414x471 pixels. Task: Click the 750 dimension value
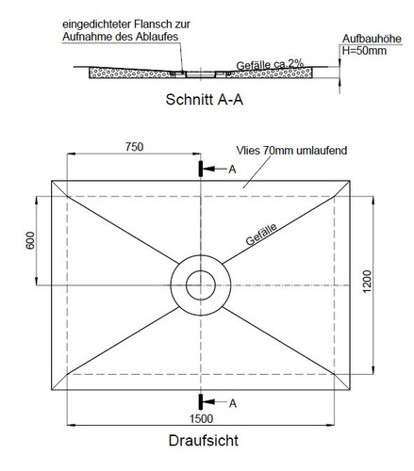pos(134,147)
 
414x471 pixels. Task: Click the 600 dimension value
pos(30,240)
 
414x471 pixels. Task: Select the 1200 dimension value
pos(367,282)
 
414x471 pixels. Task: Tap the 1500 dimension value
pos(201,418)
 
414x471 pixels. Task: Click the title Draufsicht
pos(204,440)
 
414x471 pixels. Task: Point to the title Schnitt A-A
pos(205,100)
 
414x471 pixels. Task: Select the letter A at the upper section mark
pos(232,170)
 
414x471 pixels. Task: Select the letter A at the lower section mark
pos(232,403)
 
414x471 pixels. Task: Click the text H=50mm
pos(364,51)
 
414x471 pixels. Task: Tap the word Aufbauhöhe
pos(372,39)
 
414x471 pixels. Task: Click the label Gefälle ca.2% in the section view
pos(270,65)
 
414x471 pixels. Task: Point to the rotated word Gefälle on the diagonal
pos(261,235)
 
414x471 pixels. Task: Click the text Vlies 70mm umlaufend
pos(291,151)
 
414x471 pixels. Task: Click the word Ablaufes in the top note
pos(157,37)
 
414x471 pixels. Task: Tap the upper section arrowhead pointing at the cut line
pos(208,169)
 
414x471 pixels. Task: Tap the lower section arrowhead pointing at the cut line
pos(208,402)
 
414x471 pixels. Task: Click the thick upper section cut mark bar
pos(200,169)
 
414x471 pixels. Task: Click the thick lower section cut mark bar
pos(200,402)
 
